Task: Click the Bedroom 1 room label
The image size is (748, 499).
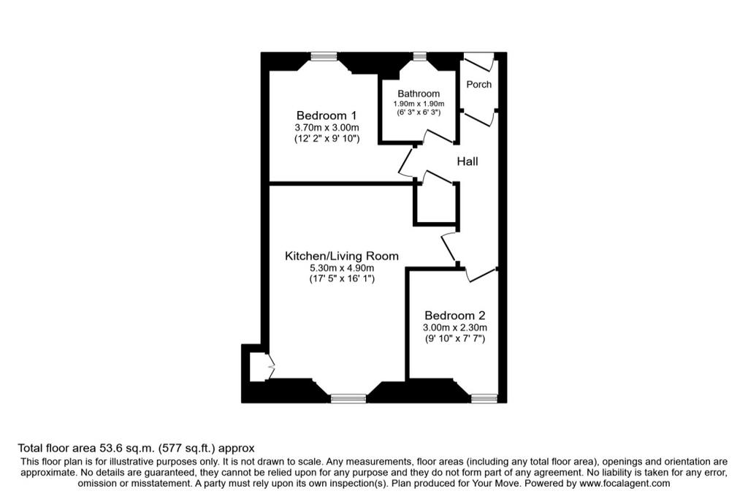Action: [x=327, y=115]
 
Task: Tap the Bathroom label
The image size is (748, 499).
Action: [x=419, y=94]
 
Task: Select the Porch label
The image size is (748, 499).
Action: [x=478, y=85]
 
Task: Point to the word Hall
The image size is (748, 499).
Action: [x=467, y=161]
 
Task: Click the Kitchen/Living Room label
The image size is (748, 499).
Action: [x=342, y=256]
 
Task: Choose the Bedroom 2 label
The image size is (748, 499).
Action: [x=454, y=316]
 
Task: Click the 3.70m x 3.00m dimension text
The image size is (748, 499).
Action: [x=327, y=127]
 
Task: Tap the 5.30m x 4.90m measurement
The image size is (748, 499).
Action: [x=342, y=268]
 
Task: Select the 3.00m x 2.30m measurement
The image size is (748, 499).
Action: [x=454, y=328]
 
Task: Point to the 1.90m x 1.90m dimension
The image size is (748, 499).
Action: [x=419, y=104]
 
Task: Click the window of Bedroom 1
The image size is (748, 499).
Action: [x=324, y=56]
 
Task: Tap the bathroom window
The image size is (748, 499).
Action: [x=419, y=56]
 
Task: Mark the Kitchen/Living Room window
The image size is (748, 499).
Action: [x=348, y=398]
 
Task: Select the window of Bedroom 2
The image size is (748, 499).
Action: [x=484, y=398]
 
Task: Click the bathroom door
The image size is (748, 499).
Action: [x=438, y=136]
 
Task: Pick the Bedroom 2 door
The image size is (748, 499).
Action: [x=481, y=275]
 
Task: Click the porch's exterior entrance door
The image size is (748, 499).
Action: [x=479, y=61]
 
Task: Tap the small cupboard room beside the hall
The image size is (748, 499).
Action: [x=435, y=203]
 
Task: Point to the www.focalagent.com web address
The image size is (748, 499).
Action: [x=625, y=483]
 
